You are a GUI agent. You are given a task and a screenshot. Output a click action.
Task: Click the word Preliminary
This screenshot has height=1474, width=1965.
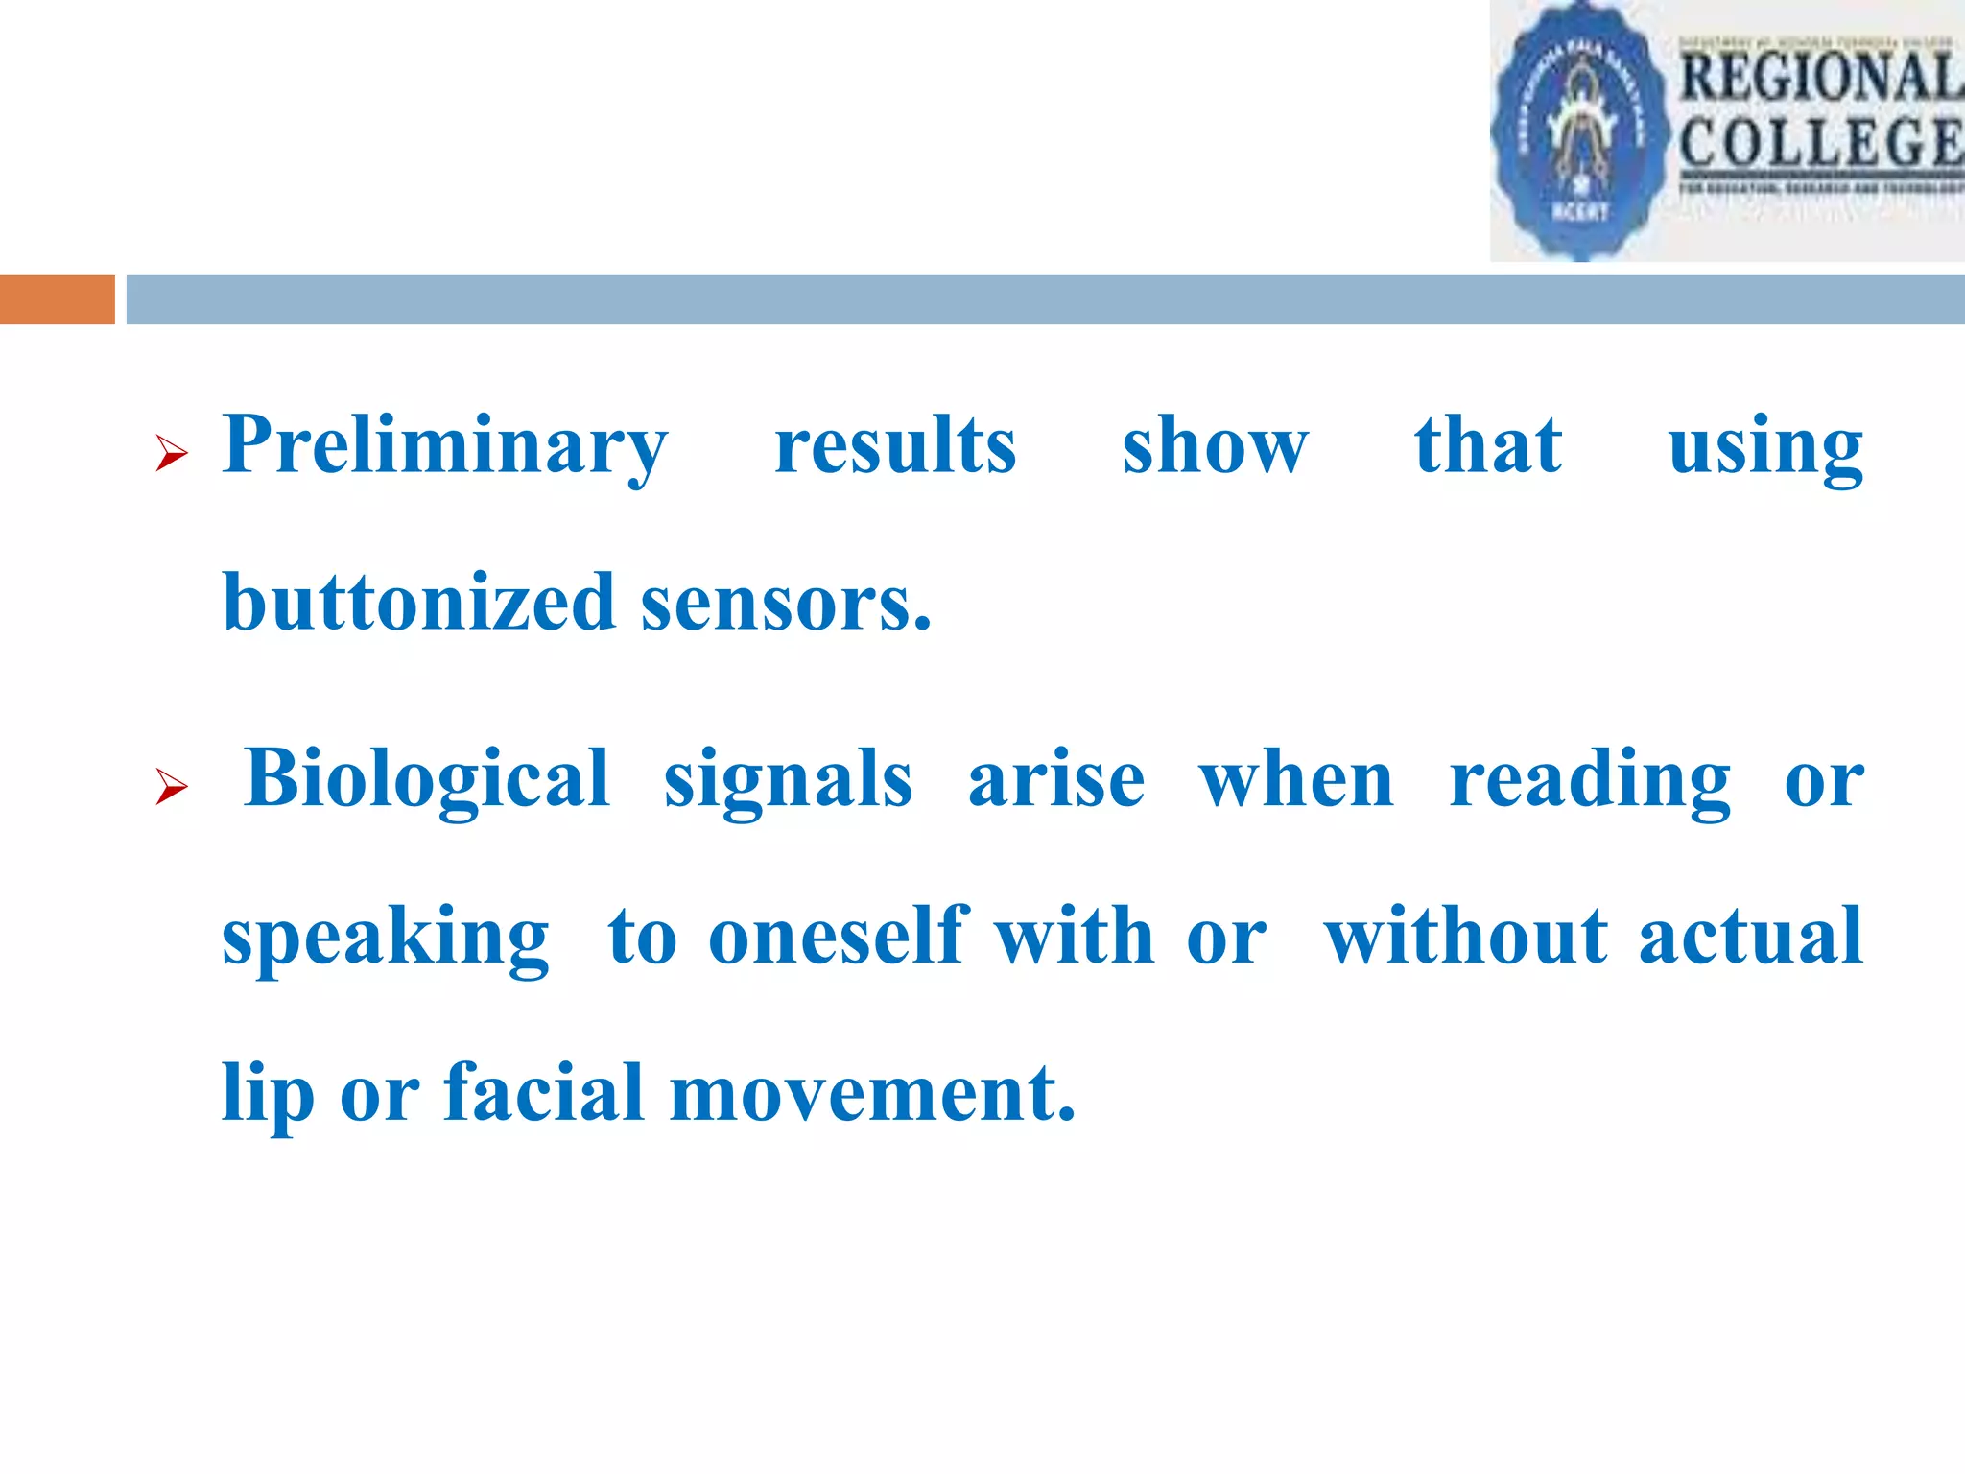[444, 446]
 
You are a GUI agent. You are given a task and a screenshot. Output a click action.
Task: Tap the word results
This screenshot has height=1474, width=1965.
[894, 446]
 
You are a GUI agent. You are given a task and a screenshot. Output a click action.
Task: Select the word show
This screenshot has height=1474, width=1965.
[1215, 446]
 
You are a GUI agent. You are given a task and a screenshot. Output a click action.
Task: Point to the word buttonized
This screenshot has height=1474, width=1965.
[418, 603]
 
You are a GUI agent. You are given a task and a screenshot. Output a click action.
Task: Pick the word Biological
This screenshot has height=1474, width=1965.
[427, 778]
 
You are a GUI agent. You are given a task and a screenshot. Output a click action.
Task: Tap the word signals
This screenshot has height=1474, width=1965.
[788, 780]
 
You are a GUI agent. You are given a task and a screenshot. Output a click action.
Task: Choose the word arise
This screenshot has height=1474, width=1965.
[1056, 780]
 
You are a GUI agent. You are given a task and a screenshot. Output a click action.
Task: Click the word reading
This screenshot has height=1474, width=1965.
[1589, 780]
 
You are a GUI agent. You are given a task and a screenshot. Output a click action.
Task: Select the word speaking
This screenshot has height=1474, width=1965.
[386, 938]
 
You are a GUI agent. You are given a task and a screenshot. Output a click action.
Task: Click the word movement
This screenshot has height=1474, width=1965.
[872, 1094]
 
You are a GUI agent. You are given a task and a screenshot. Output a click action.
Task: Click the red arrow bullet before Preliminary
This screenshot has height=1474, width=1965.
[171, 452]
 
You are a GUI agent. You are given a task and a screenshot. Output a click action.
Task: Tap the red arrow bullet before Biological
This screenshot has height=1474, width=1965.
[171, 787]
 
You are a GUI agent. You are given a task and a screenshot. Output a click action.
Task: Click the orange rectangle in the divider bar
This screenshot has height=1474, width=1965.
[57, 299]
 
